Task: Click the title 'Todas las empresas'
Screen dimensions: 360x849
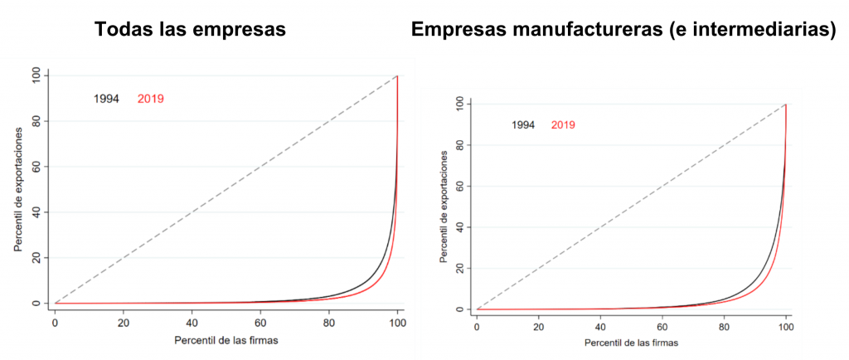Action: (190, 29)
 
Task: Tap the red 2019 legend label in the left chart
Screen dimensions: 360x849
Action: (151, 99)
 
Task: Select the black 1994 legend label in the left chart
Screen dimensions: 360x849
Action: (106, 99)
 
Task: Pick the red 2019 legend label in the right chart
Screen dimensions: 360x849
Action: (563, 125)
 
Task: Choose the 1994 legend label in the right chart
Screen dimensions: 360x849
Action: (523, 125)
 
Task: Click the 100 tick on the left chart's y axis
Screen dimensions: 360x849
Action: (36, 75)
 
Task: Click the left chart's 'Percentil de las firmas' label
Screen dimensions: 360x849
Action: (226, 341)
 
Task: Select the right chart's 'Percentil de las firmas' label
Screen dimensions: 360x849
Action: (631, 343)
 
